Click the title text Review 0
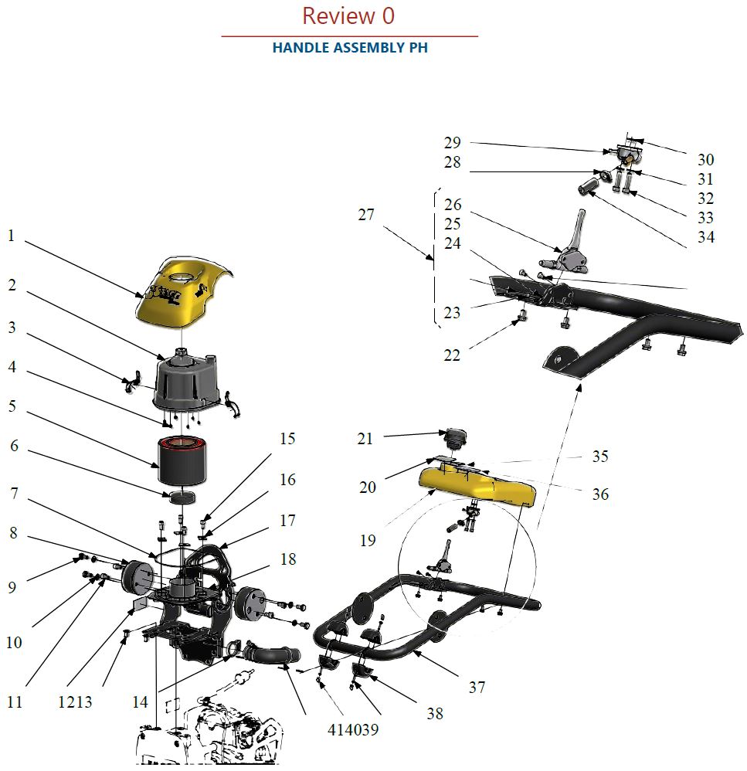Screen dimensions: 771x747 click(348, 15)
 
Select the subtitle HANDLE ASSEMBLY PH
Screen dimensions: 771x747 click(350, 48)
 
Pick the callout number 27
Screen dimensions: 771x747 click(365, 214)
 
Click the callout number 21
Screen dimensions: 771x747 click(365, 439)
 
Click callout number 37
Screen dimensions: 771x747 click(477, 686)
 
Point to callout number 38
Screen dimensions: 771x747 click(435, 714)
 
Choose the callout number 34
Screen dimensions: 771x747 click(705, 237)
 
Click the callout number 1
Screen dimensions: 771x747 click(11, 236)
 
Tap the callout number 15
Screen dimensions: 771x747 click(287, 439)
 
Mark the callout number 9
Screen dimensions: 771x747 click(12, 587)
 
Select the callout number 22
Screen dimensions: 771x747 click(451, 355)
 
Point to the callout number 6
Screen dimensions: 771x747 click(12, 446)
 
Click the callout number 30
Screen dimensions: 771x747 click(705, 160)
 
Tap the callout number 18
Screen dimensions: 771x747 click(287, 559)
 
